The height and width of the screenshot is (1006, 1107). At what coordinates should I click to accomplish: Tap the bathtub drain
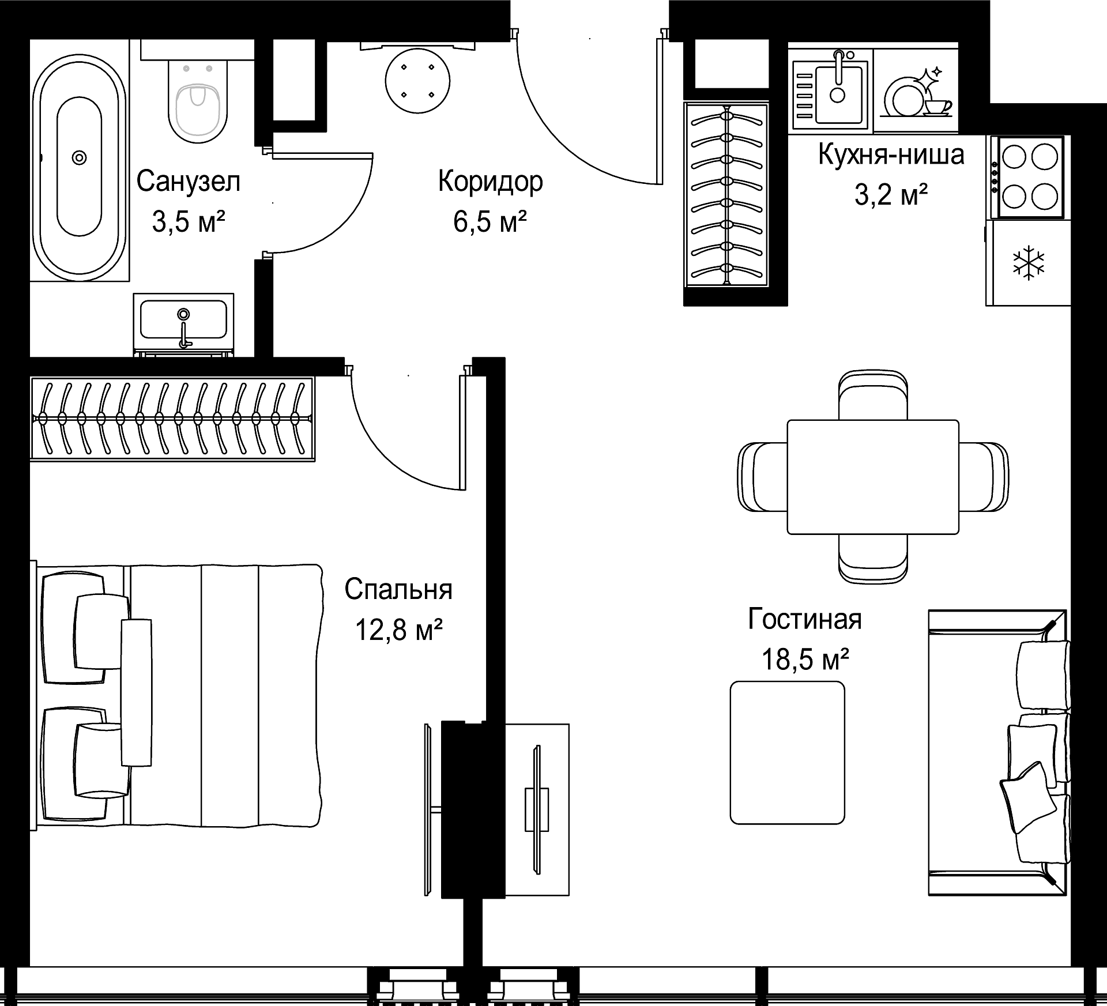[79, 157]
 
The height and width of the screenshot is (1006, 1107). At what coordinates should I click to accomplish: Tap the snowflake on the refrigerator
[1029, 263]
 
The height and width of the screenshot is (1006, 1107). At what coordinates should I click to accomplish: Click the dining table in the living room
[873, 477]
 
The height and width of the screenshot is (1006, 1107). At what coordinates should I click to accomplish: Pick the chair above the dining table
[873, 395]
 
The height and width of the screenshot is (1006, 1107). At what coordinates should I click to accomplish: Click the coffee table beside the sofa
[787, 753]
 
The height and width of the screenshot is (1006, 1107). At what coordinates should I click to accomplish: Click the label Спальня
[398, 590]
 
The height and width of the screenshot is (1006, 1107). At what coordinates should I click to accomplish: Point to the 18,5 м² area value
[805, 660]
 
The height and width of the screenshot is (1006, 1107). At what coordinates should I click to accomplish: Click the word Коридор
[490, 182]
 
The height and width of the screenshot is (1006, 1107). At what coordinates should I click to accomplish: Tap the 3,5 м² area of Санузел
[188, 221]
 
